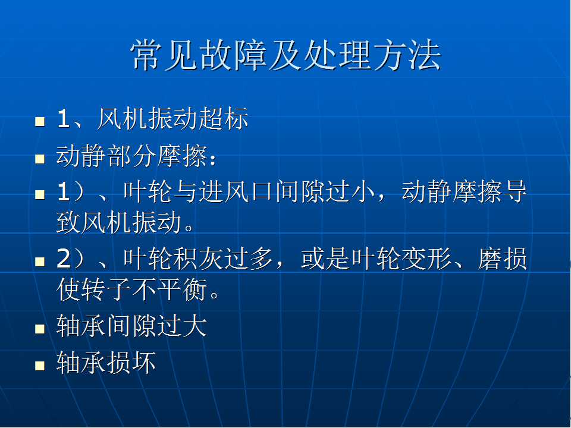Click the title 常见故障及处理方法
[x=286, y=55]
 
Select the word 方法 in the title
[x=407, y=55]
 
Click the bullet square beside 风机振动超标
[x=40, y=121]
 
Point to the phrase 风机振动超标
[x=173, y=118]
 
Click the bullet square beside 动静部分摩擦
[x=40, y=159]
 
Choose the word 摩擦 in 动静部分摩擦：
[x=183, y=156]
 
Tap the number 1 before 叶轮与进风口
[x=63, y=192]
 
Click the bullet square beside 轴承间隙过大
[x=40, y=329]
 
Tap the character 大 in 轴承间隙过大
[x=195, y=326]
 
